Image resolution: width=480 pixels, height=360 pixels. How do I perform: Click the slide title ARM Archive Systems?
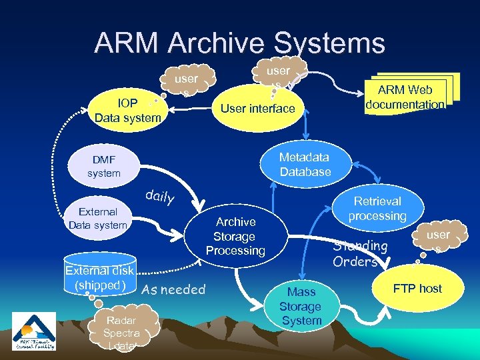pos(239,43)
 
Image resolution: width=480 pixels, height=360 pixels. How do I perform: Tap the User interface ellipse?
pos(257,108)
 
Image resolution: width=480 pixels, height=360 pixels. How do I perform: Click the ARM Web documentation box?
pos(405,97)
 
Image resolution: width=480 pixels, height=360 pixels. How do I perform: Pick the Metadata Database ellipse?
pos(305,164)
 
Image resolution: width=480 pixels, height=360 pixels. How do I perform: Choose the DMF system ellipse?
pos(104,166)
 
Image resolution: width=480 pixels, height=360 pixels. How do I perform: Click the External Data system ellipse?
pos(98,218)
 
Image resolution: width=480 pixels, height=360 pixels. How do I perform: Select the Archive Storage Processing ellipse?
pos(235,237)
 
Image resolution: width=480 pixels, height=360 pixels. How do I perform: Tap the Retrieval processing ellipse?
pos(377,208)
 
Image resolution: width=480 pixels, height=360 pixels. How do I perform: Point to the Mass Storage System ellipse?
pos(300,307)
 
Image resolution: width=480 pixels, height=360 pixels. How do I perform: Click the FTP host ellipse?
pos(417,289)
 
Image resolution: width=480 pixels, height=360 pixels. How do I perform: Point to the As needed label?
pos(173,290)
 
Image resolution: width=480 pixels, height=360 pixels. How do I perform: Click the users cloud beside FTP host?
pos(438,240)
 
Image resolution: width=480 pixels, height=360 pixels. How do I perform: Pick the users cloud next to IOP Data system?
pos(185,83)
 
